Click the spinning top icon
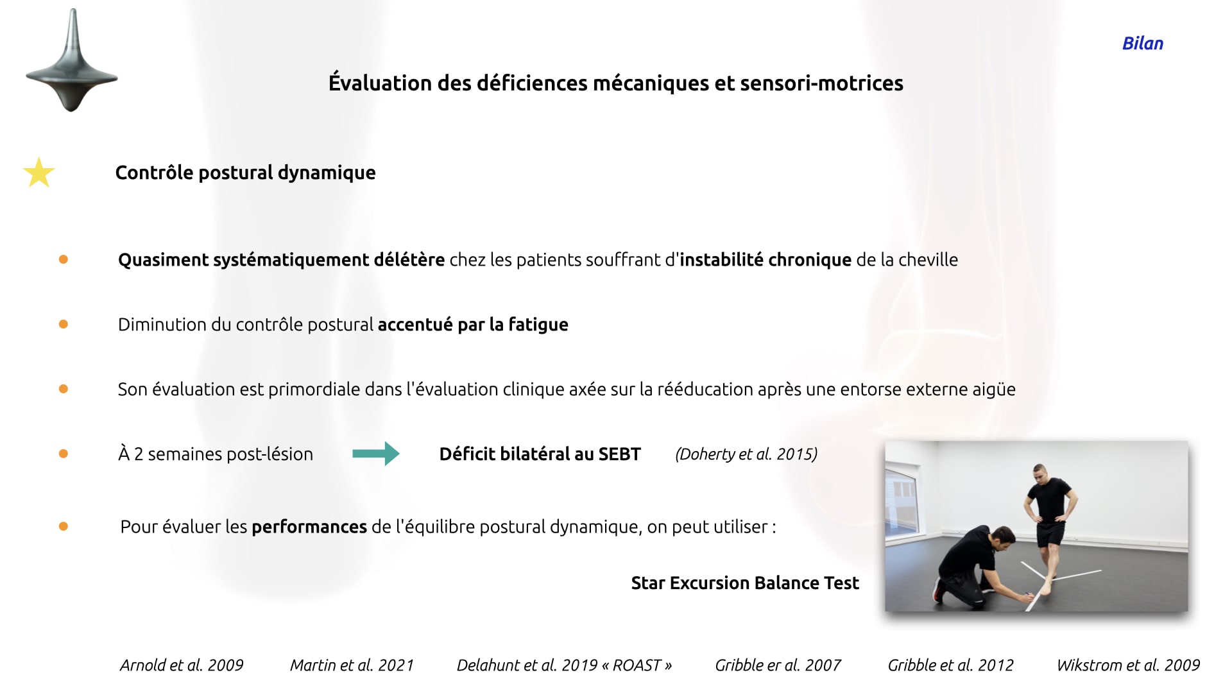[72, 61]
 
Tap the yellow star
[39, 173]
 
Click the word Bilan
[1143, 43]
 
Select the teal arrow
[376, 454]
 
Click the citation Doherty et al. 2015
[746, 454]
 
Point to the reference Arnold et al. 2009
[182, 665]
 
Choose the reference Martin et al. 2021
[352, 665]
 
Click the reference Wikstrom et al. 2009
[1128, 665]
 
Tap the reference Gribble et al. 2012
[950, 665]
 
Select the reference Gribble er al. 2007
[778, 665]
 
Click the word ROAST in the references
[637, 665]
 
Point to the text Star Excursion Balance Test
[745, 583]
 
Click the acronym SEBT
[619, 454]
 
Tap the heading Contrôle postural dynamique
[245, 173]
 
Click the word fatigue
[538, 325]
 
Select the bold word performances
[309, 527]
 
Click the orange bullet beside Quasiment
[64, 259]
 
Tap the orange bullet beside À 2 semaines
[64, 454]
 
